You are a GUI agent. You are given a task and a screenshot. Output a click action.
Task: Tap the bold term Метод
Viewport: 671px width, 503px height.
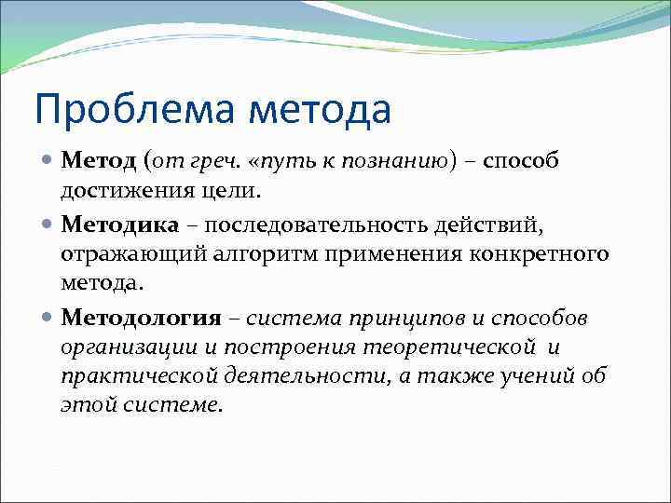100,161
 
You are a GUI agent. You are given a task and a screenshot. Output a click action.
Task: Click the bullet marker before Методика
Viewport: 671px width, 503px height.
48,225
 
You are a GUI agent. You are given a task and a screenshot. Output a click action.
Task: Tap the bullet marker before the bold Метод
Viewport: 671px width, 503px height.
48,162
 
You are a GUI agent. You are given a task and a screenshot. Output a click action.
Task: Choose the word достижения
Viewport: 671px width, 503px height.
116,192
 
